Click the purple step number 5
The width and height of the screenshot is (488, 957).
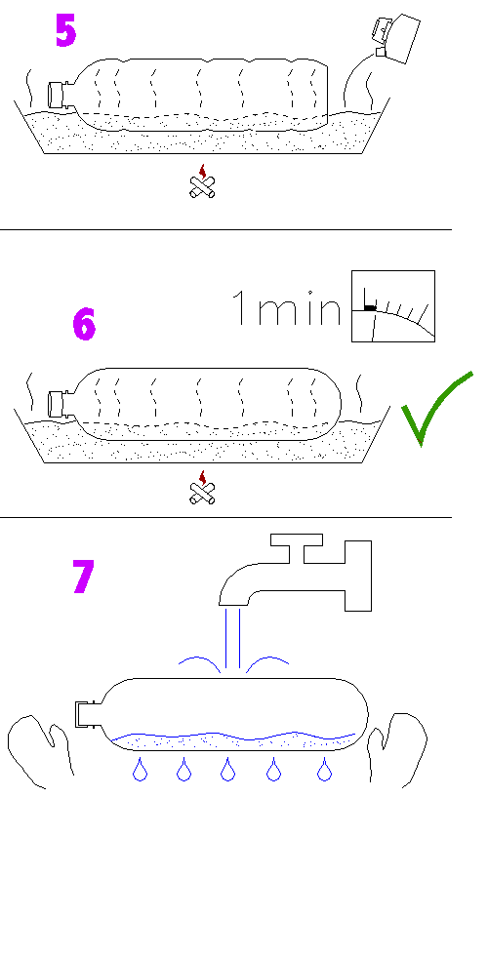66,30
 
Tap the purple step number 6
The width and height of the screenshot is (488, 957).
84,324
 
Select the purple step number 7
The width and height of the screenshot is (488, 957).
84,577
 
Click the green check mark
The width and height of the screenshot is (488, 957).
436,407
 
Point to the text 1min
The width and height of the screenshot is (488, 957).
286,307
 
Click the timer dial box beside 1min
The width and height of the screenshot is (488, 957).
393,305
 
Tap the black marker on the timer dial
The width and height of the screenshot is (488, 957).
370,307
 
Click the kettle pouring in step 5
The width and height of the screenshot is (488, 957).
397,38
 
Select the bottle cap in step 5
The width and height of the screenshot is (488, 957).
57,95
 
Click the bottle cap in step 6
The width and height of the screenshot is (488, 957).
57,403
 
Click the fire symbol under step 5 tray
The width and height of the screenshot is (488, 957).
202,181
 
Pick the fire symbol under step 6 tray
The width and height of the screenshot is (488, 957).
202,488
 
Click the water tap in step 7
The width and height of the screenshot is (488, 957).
296,573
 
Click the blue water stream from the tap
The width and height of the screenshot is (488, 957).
232,638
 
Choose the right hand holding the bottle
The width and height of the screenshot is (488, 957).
397,749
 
